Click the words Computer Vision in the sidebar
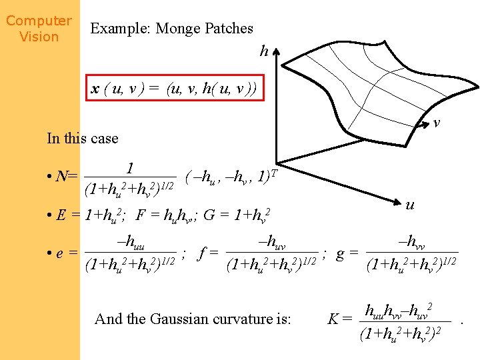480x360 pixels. point(39,29)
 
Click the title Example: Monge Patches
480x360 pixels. point(171,29)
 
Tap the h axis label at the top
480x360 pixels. point(264,51)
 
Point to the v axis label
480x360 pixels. point(435,123)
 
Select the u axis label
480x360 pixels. point(410,205)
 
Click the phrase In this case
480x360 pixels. point(82,139)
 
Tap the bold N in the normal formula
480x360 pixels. point(61,177)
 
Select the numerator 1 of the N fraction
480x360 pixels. point(131,168)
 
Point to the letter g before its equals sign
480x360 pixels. point(341,253)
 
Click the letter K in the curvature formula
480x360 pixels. point(334,319)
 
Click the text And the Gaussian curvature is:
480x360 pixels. point(193,319)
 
